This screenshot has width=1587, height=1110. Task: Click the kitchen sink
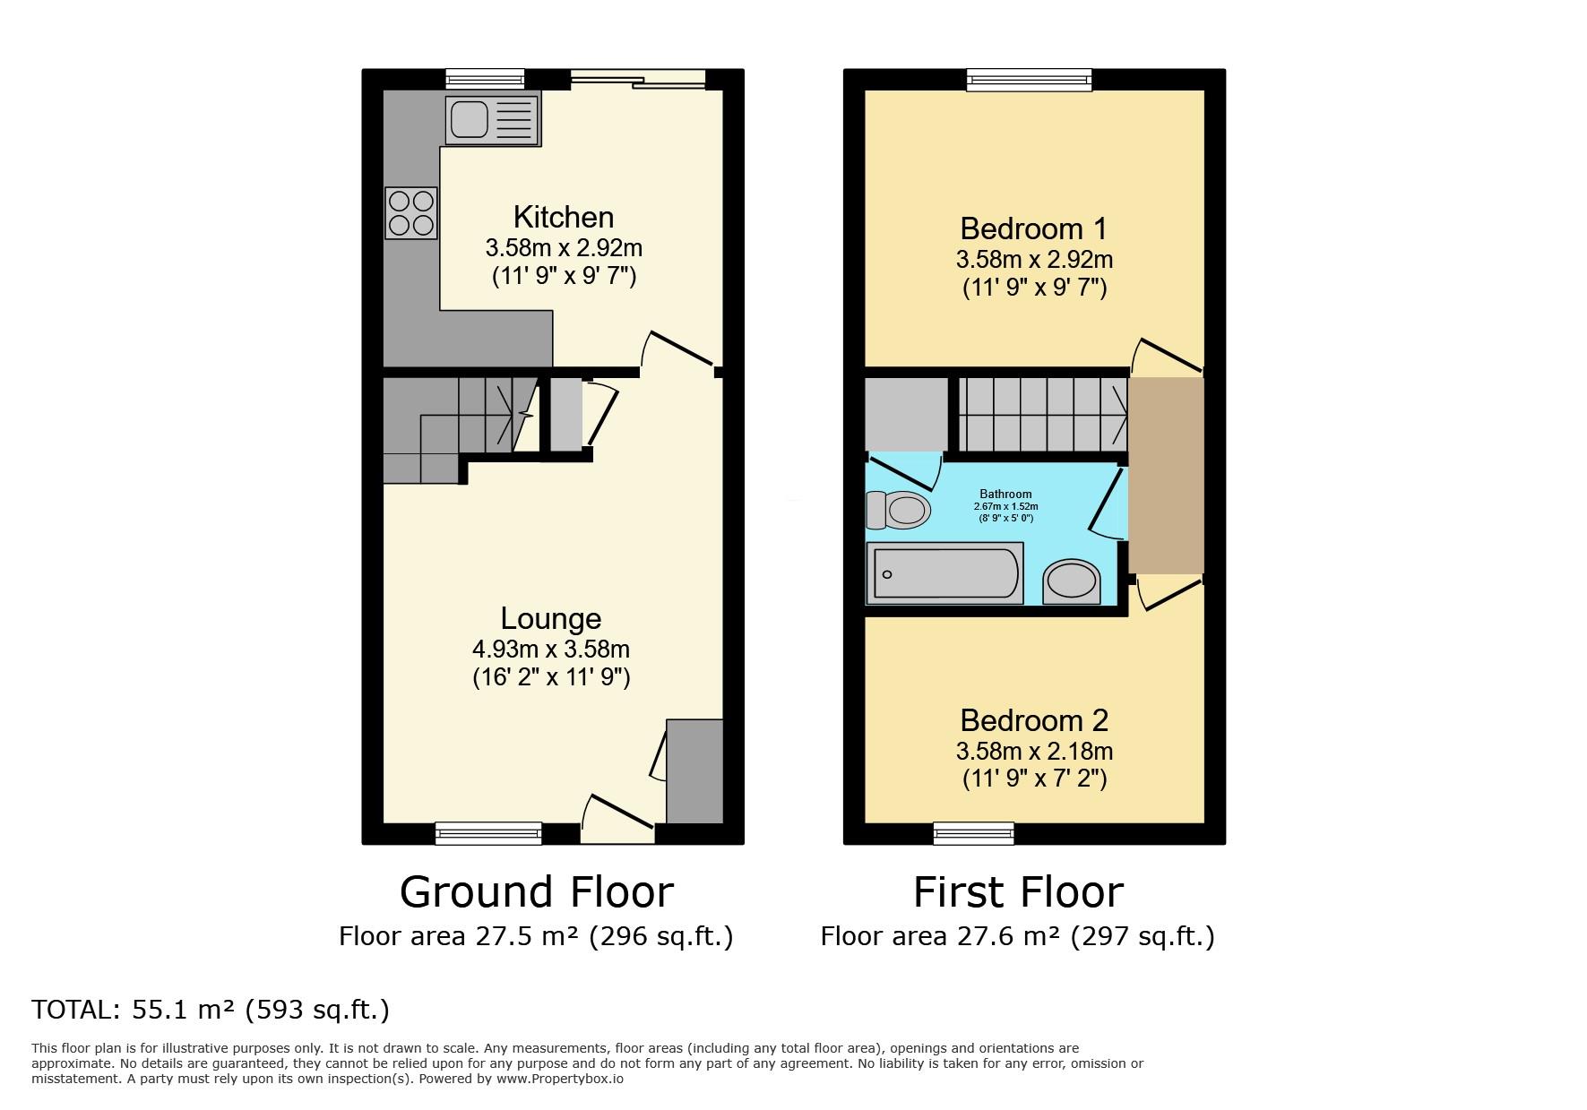(493, 120)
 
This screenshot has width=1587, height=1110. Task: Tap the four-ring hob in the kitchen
(411, 212)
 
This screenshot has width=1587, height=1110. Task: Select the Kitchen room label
(564, 217)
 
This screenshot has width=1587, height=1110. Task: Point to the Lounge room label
(551, 618)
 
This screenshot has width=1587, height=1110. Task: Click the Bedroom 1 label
(1034, 228)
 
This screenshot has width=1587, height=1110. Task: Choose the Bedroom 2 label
(1034, 720)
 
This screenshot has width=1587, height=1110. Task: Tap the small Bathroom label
(1005, 494)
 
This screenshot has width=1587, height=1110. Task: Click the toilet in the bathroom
(898, 511)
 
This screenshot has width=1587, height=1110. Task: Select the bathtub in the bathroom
(944, 572)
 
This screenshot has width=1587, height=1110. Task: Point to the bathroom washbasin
(1071, 581)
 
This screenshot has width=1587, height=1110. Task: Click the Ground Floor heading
(536, 891)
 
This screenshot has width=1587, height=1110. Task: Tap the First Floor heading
(1018, 891)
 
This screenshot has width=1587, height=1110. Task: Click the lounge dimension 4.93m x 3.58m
(551, 649)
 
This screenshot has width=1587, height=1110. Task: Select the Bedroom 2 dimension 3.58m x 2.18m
(1034, 751)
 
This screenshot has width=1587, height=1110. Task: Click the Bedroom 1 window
(1029, 80)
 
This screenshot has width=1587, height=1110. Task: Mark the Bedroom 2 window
(973, 833)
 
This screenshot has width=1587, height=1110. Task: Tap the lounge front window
(488, 833)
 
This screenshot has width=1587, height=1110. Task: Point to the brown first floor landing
(1166, 476)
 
